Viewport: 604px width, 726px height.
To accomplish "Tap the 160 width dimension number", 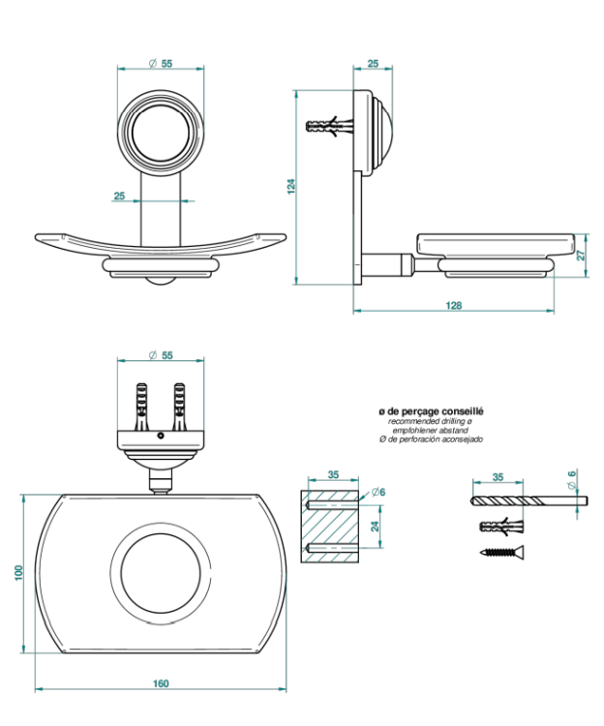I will point(161,683).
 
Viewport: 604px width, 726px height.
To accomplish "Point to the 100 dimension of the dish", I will point(18,573).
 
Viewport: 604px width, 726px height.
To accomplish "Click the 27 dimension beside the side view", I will point(582,256).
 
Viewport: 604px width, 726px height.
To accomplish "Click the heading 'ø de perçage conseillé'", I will point(432,411).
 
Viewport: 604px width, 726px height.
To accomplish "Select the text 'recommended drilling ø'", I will point(432,421).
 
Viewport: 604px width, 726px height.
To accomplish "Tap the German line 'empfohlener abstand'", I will point(432,431).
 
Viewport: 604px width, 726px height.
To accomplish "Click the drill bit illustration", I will point(528,500).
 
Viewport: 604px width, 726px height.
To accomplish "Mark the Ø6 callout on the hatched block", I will point(378,493).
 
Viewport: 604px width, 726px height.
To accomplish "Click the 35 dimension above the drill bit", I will point(498,477).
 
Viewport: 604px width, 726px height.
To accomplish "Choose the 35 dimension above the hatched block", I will point(332,475).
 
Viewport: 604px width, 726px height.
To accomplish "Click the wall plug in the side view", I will point(327,127).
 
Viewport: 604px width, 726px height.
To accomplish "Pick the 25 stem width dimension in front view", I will point(119,196).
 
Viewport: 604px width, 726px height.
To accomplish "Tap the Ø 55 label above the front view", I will point(161,63).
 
